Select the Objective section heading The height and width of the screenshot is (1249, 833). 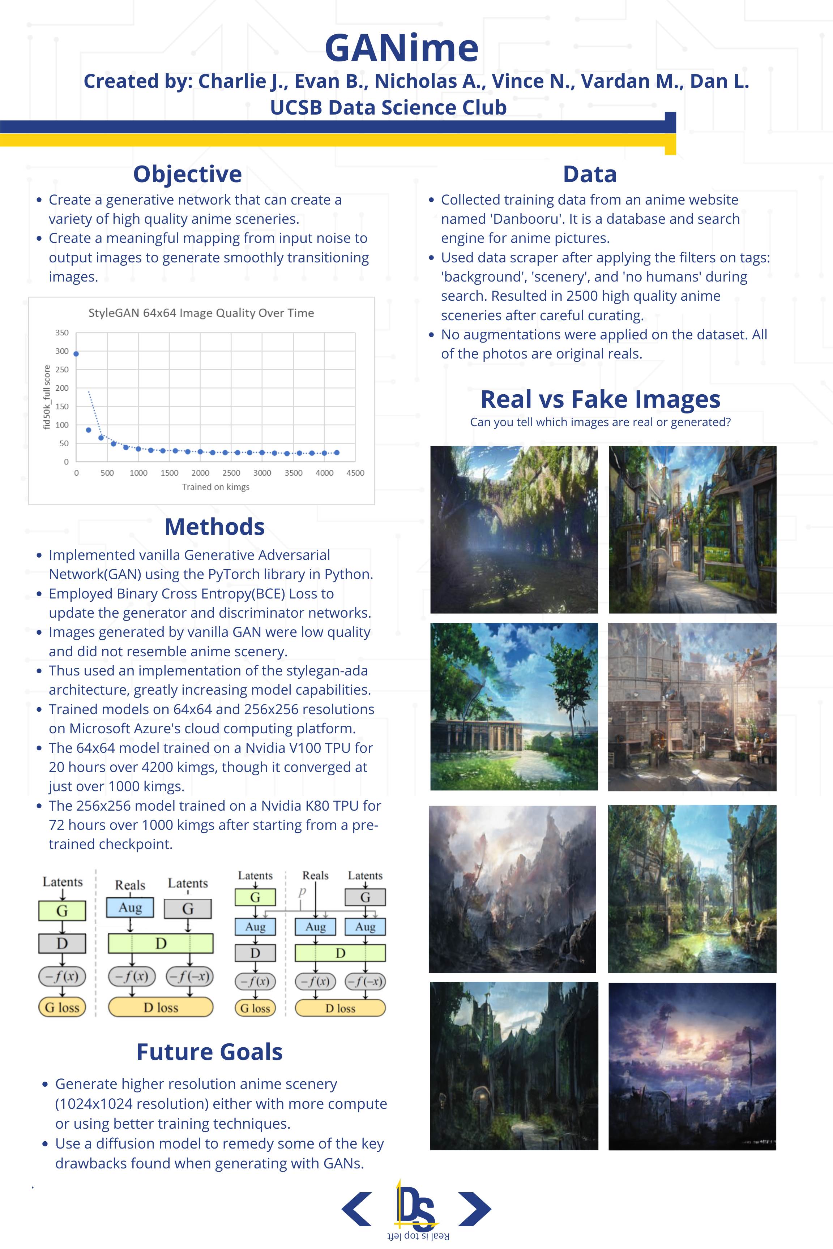coord(188,174)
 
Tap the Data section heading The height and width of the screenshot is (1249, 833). coord(590,174)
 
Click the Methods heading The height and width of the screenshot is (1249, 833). coord(215,527)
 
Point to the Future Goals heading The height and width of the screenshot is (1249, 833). coord(209,1052)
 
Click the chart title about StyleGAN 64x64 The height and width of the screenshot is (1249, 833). coord(201,313)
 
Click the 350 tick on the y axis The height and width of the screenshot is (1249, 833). coord(62,333)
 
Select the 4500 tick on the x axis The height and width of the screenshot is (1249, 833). coord(355,473)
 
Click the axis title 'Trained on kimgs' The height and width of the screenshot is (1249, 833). coord(216,487)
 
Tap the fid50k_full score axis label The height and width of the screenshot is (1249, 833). coord(47,397)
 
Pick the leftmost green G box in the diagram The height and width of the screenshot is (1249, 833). coord(62,911)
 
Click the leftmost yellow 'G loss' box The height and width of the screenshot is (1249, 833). coord(62,1007)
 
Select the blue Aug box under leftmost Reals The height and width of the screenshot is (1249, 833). coord(130,907)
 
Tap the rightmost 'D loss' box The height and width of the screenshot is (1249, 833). coord(340,1008)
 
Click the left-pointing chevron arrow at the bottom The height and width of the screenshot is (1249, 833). coord(356,1209)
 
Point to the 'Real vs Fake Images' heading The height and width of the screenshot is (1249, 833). coord(600,399)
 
